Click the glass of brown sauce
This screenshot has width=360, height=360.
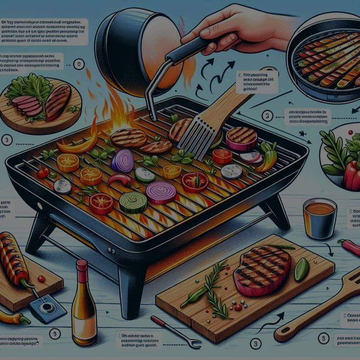click(320, 217)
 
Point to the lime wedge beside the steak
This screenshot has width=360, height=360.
click(301, 269)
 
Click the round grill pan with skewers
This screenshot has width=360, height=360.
click(324, 60)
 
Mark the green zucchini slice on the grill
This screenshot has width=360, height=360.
click(133, 202)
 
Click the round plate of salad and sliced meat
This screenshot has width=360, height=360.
click(39, 102)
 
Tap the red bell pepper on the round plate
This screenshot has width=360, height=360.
click(351, 174)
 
